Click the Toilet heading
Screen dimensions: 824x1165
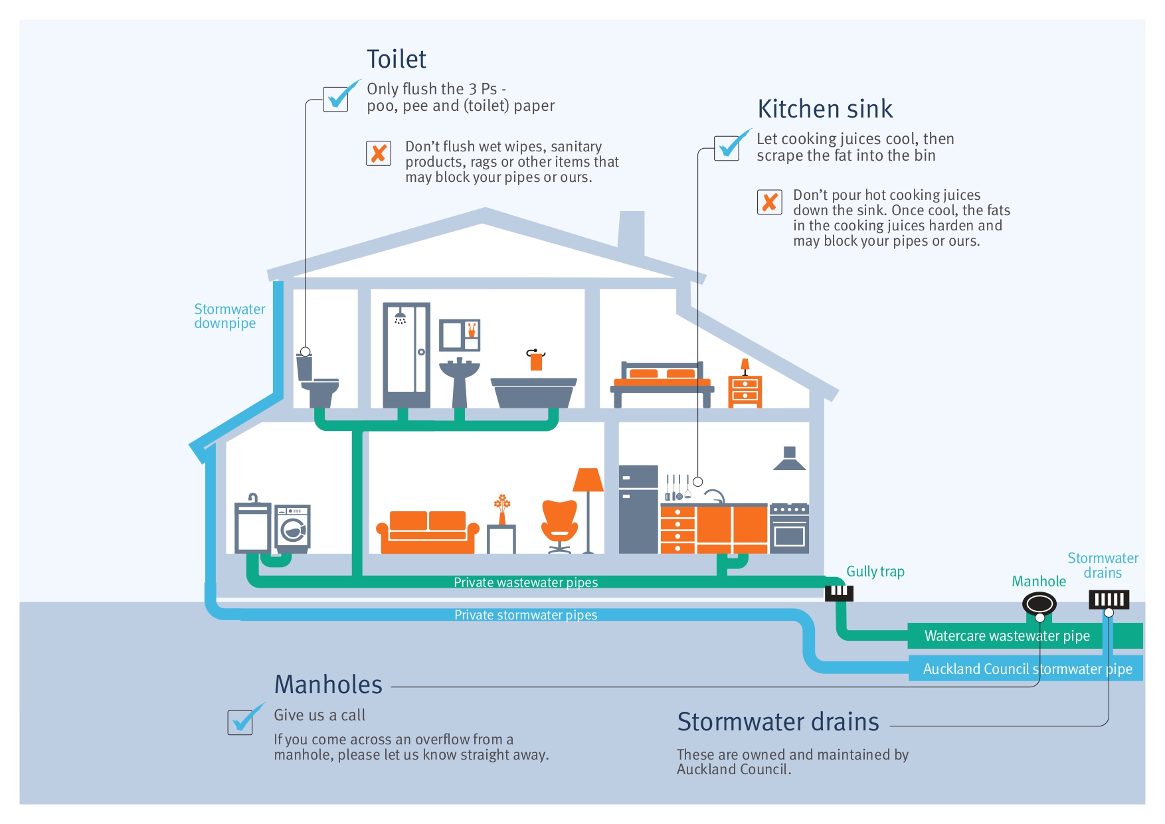coord(397,60)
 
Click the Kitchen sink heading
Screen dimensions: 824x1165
coord(825,110)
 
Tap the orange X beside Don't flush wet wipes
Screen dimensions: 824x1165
coord(379,153)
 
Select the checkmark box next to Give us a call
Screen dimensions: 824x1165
coord(240,721)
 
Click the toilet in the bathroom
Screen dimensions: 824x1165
coord(317,382)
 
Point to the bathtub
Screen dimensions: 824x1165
coord(533,392)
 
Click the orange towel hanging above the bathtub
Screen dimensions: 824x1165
coord(536,361)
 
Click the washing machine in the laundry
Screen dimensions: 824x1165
coord(293,529)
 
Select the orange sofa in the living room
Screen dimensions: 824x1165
coord(427,532)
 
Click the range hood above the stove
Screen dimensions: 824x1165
coord(789,459)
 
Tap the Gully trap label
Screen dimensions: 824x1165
coord(875,572)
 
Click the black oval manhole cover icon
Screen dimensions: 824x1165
coord(1039,604)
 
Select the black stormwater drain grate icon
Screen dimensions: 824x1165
coord(1109,600)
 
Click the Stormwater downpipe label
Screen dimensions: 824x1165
coord(228,316)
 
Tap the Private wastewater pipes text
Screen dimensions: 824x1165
coord(525,582)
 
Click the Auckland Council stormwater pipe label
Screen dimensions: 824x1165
coord(1027,669)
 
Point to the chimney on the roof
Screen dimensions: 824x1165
coord(631,232)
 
